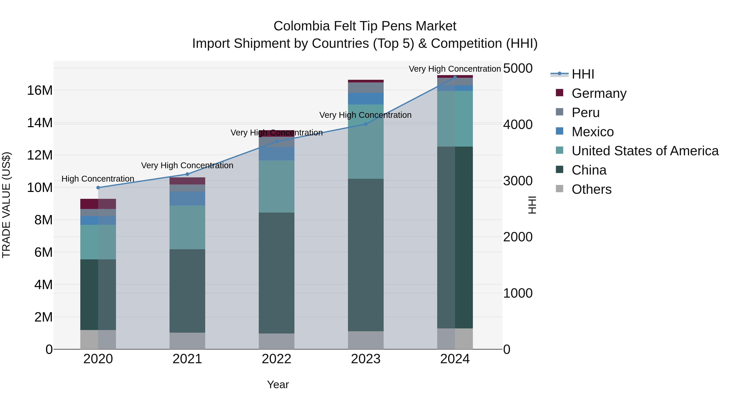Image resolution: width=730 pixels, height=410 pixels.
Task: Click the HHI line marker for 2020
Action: [98, 188]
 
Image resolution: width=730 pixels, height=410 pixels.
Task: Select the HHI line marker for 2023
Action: [366, 124]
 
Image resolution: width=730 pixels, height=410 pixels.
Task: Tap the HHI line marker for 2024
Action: [455, 77]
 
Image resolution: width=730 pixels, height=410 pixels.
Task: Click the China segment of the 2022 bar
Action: [276, 273]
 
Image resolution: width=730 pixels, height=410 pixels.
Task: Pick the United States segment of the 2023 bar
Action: [366, 142]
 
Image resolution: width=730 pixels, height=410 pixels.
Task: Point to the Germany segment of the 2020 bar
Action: [98, 204]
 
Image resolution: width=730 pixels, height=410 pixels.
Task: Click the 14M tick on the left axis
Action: [40, 123]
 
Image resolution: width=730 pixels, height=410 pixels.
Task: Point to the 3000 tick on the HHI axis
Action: [518, 181]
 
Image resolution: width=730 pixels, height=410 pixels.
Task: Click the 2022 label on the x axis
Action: [276, 359]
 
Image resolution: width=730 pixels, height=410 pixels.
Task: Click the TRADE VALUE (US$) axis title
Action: [6, 205]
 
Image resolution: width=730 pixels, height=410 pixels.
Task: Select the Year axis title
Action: [278, 384]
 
